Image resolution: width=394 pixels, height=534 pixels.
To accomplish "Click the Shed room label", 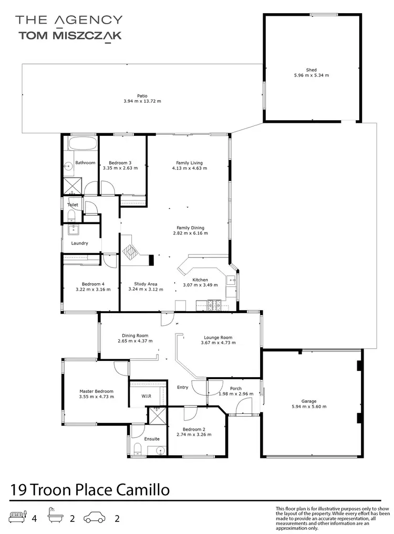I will pyautogui.click(x=312, y=70).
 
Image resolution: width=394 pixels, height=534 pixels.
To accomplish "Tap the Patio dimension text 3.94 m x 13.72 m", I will pyautogui.click(x=142, y=101).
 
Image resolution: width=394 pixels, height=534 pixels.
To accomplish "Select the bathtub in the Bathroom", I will pyautogui.click(x=80, y=145).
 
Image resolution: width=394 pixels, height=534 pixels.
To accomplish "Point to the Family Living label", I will pyautogui.click(x=189, y=163).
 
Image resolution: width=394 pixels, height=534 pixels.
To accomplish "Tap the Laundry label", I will pyautogui.click(x=79, y=243).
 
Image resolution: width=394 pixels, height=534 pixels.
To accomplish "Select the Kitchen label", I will pyautogui.click(x=200, y=280).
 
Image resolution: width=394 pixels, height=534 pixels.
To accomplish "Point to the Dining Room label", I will pyautogui.click(x=135, y=336).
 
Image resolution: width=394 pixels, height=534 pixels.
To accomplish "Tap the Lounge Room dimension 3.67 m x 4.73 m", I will pyautogui.click(x=218, y=343).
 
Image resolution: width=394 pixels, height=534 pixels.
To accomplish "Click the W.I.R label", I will pyautogui.click(x=146, y=396).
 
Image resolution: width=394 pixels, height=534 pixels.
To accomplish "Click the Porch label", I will pyautogui.click(x=236, y=388).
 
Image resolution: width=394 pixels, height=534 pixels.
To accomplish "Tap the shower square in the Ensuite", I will pyautogui.click(x=156, y=414).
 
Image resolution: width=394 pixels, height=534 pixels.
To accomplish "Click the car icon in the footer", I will pyautogui.click(x=96, y=518).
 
